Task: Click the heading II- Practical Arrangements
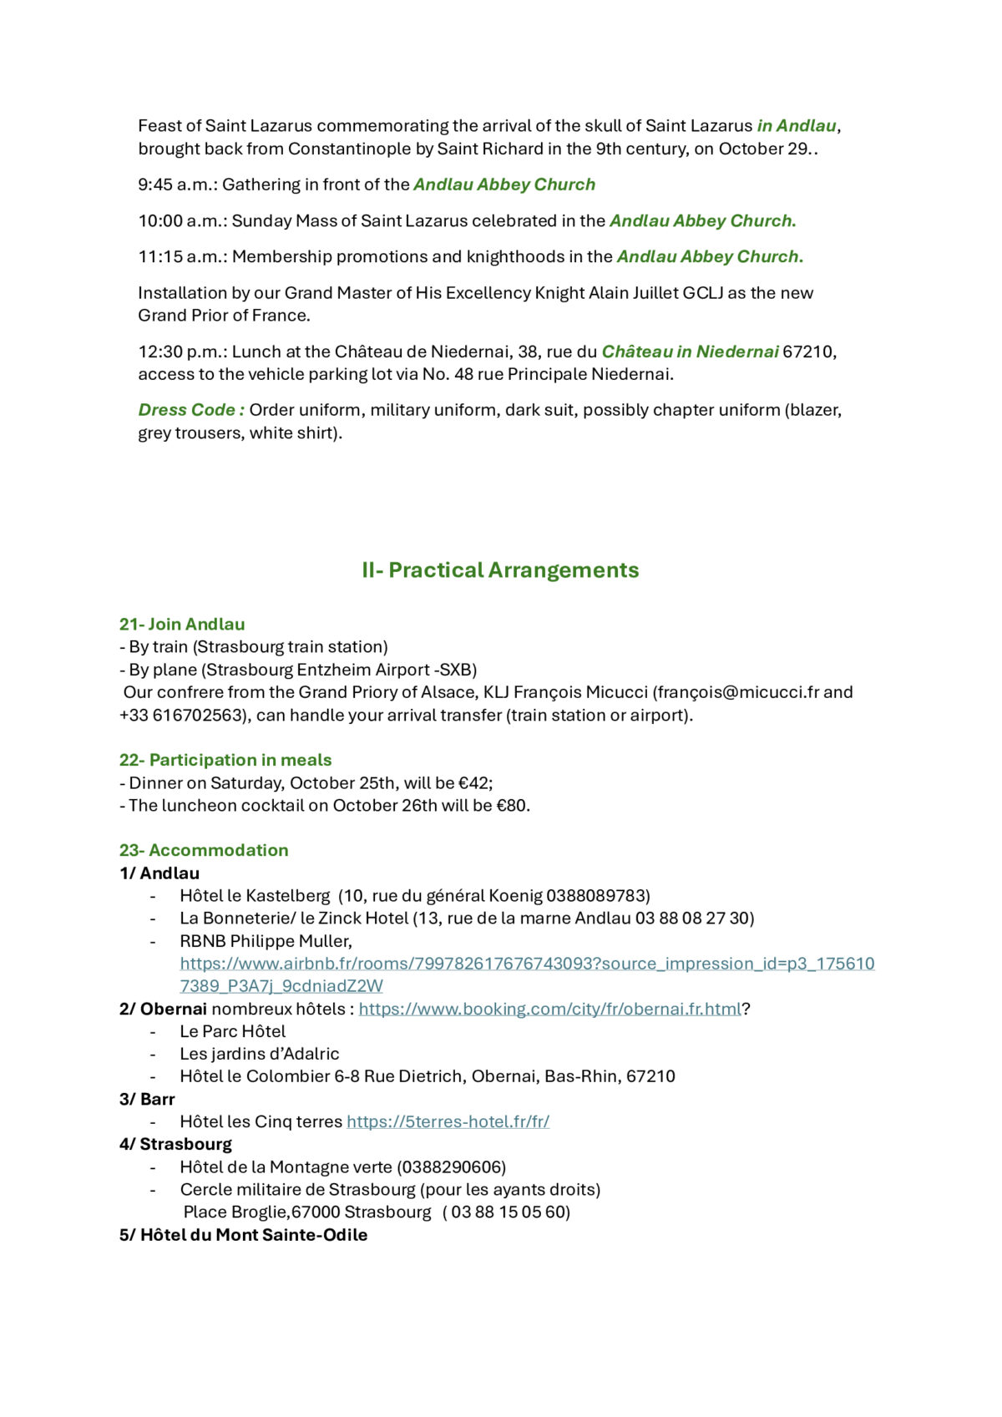(x=500, y=570)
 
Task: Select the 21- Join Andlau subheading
(x=182, y=625)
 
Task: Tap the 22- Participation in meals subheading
(x=225, y=760)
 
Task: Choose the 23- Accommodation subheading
(x=204, y=850)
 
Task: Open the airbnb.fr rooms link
(x=527, y=964)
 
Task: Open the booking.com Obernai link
(x=550, y=1009)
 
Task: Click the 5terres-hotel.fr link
(x=448, y=1121)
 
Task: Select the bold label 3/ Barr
(x=147, y=1099)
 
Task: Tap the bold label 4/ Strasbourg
(x=175, y=1144)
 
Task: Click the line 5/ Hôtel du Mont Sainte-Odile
(x=243, y=1235)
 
